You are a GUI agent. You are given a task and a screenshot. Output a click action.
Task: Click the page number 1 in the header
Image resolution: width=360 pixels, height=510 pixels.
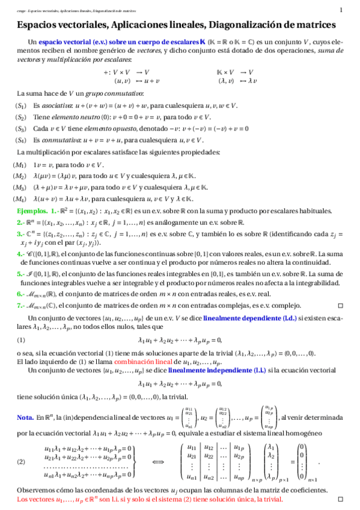(341, 9)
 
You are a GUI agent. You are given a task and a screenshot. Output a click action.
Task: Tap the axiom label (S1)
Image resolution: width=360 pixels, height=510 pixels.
(20, 106)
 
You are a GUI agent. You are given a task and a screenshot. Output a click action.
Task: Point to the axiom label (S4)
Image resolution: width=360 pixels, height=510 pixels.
(20, 140)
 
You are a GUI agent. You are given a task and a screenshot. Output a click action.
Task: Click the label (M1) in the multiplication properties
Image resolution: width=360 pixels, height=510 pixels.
(20, 165)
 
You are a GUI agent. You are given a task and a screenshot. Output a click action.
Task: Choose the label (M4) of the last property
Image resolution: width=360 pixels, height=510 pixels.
(20, 199)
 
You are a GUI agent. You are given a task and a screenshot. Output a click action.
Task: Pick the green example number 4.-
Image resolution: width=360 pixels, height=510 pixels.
(21, 255)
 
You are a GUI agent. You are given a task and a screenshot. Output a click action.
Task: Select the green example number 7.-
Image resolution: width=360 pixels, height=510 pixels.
(21, 305)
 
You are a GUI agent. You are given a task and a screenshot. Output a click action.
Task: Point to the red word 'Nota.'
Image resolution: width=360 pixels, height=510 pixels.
(25, 417)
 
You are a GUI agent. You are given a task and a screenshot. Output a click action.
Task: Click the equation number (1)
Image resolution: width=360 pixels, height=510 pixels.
(21, 340)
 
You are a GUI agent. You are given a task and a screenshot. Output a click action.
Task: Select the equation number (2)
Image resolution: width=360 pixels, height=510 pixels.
(21, 462)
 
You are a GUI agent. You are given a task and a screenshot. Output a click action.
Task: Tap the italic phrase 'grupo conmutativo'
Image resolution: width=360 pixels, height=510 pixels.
(118, 94)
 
